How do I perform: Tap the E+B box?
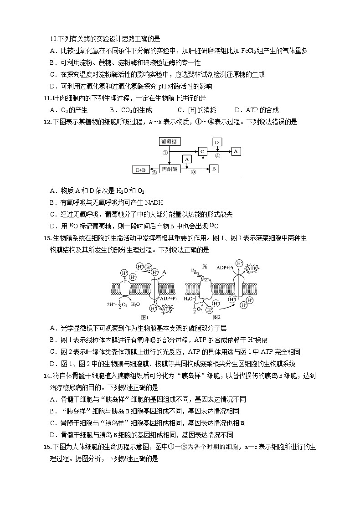141,170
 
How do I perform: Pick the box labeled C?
203,151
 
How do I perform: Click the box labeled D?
217,142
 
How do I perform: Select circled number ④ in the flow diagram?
217,155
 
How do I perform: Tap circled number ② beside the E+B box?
154,173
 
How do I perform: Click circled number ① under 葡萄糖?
165,153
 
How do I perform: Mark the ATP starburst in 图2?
252,268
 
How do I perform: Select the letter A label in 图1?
165,272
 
